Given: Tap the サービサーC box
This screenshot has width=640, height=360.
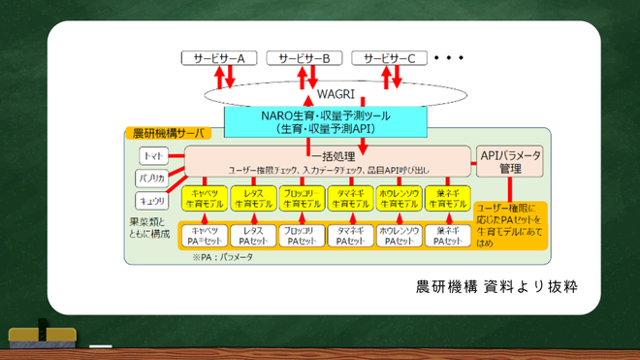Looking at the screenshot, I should [389, 58].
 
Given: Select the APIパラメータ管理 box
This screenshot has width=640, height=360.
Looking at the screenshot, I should [510, 161].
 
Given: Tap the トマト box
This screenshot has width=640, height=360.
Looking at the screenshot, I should [152, 156].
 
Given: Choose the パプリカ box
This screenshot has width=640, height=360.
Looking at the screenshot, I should [152, 179].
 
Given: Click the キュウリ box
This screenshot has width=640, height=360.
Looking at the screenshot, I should [152, 200].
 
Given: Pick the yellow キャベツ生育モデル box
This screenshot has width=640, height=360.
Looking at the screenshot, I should [205, 198].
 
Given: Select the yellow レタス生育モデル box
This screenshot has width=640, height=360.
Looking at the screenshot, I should [252, 198].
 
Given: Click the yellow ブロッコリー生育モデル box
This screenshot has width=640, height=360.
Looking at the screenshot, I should [302, 198].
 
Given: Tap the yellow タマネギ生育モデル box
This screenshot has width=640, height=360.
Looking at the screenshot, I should [350, 198].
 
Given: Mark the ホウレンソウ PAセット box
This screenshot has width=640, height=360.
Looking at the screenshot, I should [400, 236].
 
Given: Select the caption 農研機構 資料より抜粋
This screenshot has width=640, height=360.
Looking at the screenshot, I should [496, 288].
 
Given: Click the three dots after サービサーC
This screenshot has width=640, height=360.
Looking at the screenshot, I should [450, 58].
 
